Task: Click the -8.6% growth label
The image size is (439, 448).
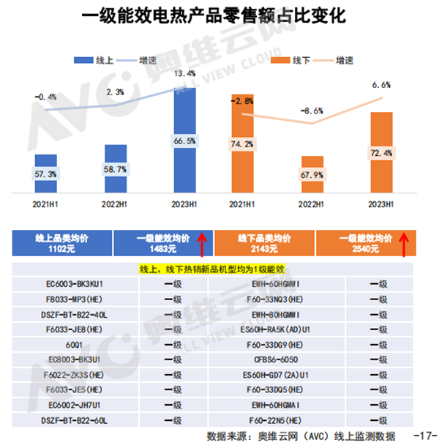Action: coord(312,111)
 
